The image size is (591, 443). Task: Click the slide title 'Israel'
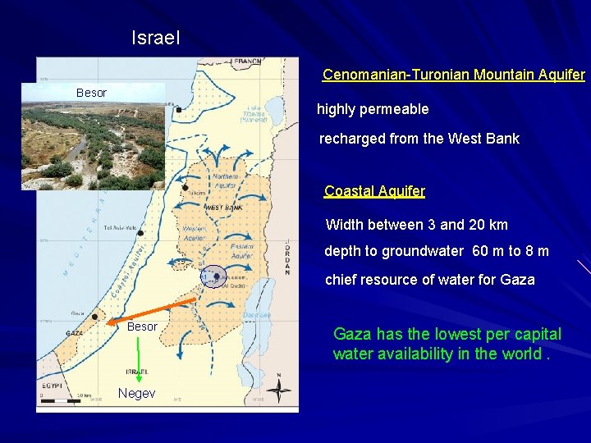(x=156, y=38)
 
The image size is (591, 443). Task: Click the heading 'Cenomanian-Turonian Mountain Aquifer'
(x=453, y=75)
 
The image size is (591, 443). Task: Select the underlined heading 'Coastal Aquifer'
(x=374, y=191)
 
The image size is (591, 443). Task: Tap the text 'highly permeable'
(x=373, y=109)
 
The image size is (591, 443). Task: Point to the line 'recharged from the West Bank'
(x=419, y=139)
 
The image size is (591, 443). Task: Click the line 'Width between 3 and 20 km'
(x=417, y=225)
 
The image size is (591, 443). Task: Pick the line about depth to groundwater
(x=437, y=251)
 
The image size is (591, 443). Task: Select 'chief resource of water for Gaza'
(x=429, y=280)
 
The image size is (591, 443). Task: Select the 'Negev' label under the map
(x=136, y=394)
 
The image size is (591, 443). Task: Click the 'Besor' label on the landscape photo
(x=91, y=93)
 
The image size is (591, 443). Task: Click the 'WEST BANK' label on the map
(x=222, y=208)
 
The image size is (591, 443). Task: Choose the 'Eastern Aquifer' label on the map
(x=242, y=250)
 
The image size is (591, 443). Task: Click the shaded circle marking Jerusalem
(x=213, y=276)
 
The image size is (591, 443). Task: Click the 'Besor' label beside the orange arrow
(x=142, y=327)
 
